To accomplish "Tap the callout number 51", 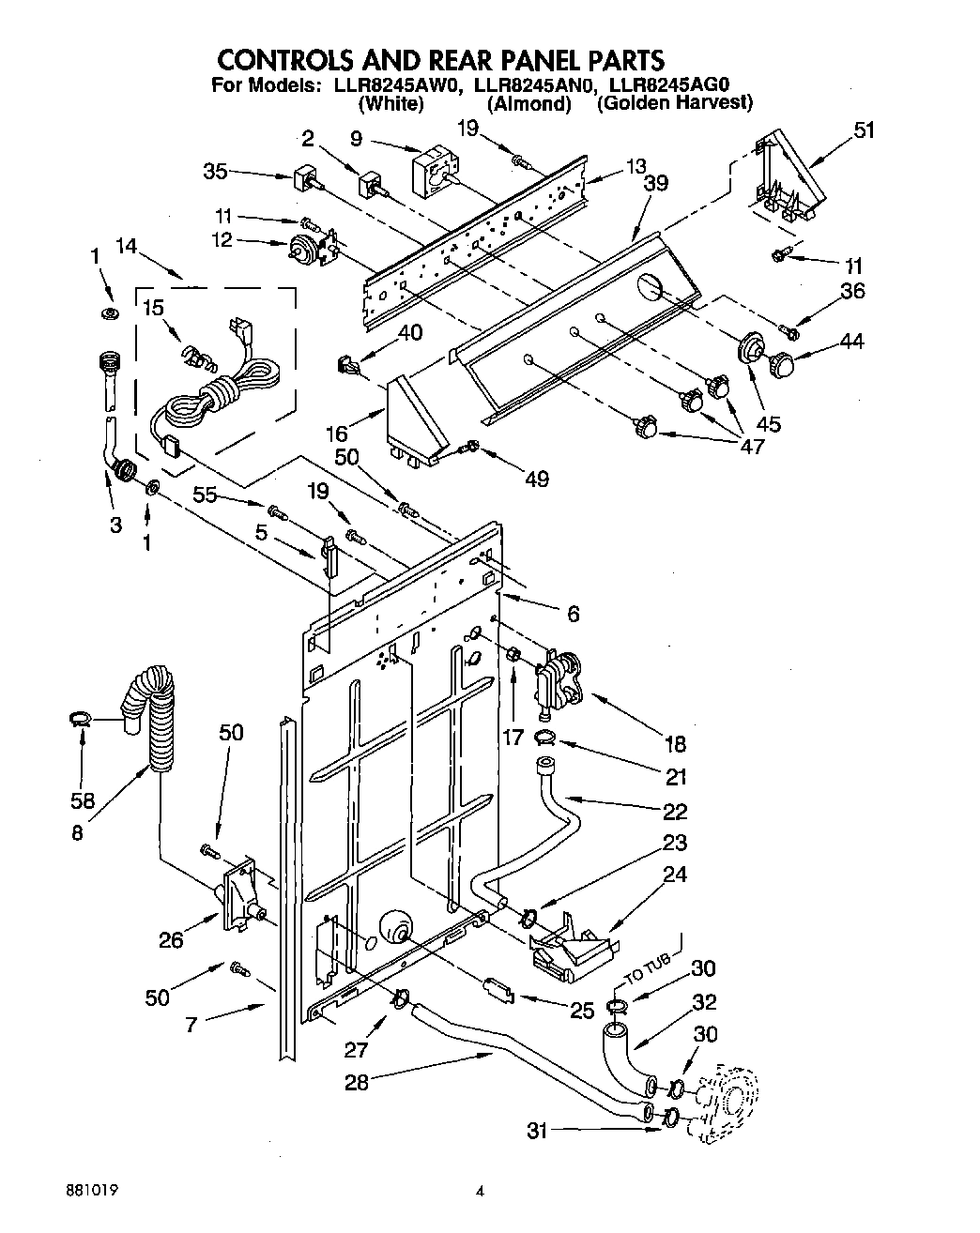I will pos(863,130).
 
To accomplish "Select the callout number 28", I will pos(357,1081).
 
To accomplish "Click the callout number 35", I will pos(215,171).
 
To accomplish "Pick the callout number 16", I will pos(336,433).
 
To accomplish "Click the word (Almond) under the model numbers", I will pos(529,103).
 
